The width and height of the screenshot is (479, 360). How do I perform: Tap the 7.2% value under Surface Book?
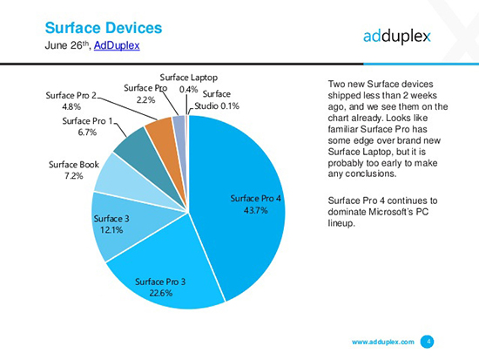point(72,175)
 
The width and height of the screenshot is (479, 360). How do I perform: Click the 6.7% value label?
point(86,132)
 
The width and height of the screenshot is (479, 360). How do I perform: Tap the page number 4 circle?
point(428,341)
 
